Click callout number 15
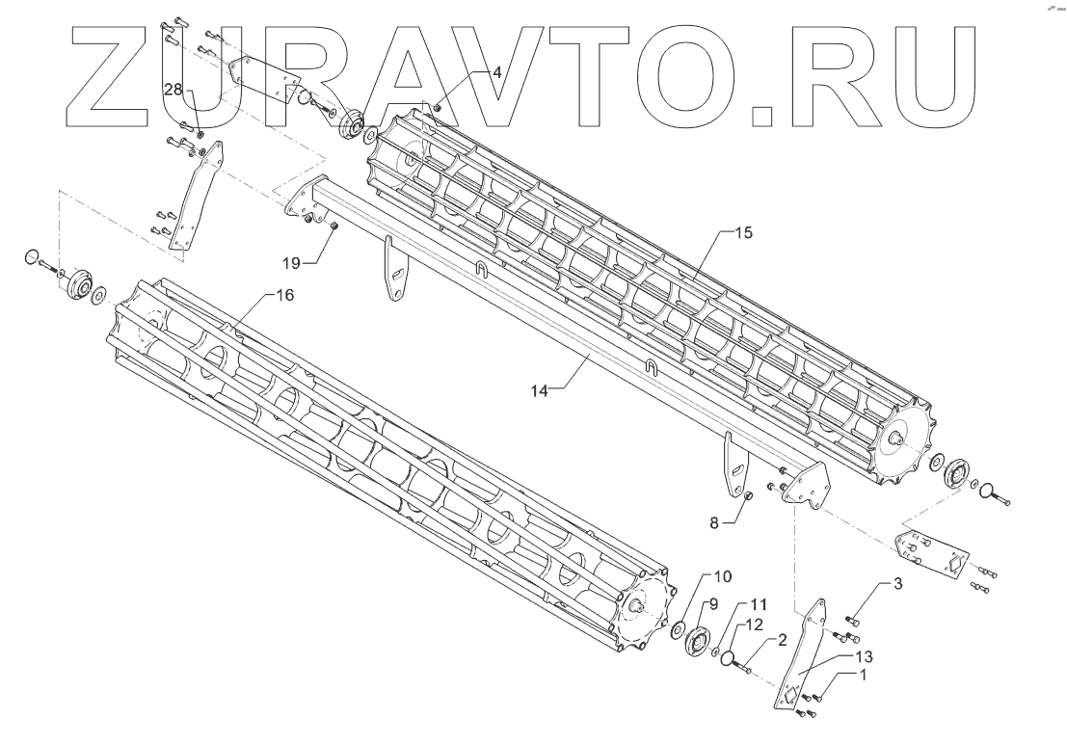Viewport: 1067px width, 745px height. tap(742, 233)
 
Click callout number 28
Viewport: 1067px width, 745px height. tap(173, 89)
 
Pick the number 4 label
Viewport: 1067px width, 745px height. tap(497, 72)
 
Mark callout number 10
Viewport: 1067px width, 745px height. tap(724, 575)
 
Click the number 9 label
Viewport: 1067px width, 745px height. tap(714, 603)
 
